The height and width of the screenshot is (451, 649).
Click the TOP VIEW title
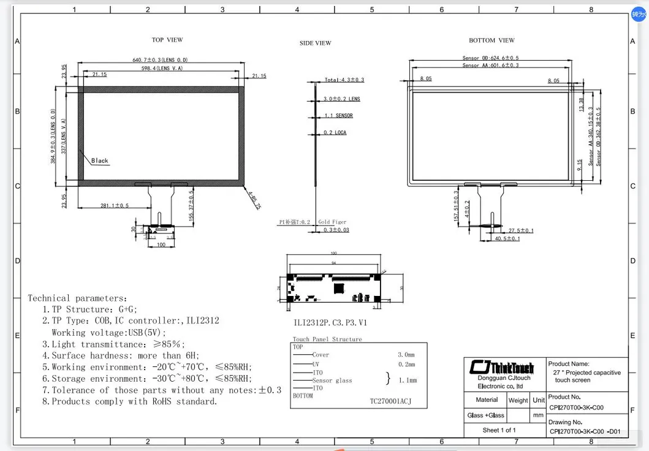[x=167, y=40]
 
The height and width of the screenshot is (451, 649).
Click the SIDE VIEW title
[x=315, y=43]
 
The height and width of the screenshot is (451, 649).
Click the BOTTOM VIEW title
[x=491, y=40]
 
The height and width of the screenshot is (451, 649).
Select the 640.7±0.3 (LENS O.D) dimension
[x=160, y=60]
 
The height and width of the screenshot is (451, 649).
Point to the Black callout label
[x=99, y=161]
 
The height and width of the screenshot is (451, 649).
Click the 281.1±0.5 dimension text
[x=115, y=206]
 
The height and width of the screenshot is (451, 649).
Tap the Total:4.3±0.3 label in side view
[x=344, y=80]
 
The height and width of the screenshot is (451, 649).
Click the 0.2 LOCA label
[x=335, y=133]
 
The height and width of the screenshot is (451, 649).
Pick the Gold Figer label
[x=332, y=222]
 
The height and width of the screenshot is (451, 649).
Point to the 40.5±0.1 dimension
[x=507, y=239]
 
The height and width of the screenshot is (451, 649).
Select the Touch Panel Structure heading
[x=327, y=339]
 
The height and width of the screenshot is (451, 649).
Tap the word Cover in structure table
[x=321, y=355]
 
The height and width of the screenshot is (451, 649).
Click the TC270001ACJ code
[x=390, y=402]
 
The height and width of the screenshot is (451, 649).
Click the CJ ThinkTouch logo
[x=501, y=367]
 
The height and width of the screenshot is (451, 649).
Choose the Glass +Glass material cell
[x=485, y=415]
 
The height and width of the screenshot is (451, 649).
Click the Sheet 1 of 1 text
[x=499, y=430]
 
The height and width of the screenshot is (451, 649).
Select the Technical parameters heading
[x=77, y=298]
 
